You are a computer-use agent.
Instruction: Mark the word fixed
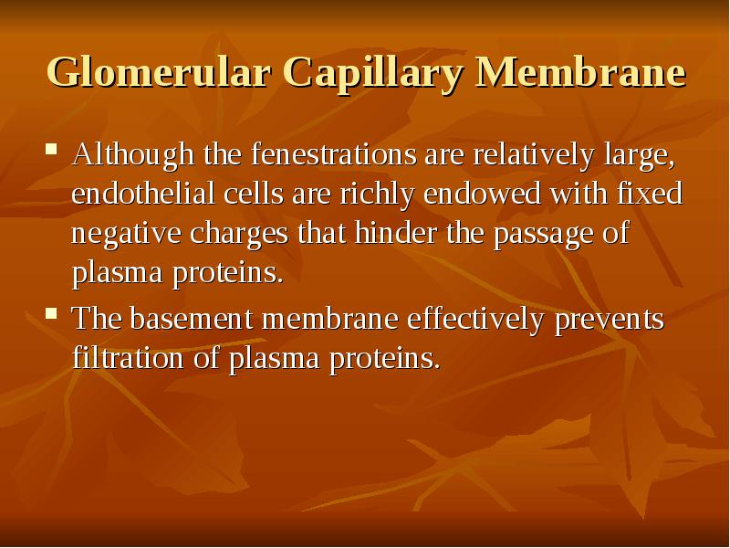652,195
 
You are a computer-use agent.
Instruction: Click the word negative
127,234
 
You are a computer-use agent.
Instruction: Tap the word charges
242,234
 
